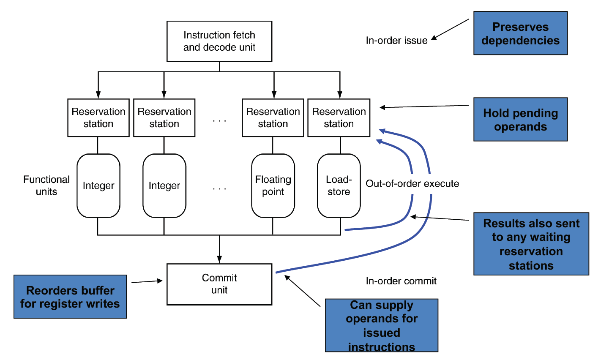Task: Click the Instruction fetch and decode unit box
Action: (x=219, y=41)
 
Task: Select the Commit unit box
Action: (x=219, y=284)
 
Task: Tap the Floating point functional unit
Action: (x=273, y=185)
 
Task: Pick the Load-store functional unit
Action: (x=339, y=185)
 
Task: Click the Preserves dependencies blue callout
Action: (x=520, y=33)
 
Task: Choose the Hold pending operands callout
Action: (x=520, y=120)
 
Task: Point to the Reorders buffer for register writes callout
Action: (x=70, y=297)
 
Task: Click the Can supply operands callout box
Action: (x=382, y=325)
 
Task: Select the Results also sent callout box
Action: (x=531, y=244)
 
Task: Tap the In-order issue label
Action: (x=396, y=41)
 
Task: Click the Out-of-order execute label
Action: (x=412, y=183)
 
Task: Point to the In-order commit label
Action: (x=401, y=281)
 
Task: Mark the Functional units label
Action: (x=46, y=185)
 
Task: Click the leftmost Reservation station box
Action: (x=98, y=118)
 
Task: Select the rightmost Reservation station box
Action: (x=339, y=118)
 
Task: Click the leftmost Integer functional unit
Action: (x=98, y=185)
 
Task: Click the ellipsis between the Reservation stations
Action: (x=219, y=121)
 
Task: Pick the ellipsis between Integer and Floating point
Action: (x=219, y=188)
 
